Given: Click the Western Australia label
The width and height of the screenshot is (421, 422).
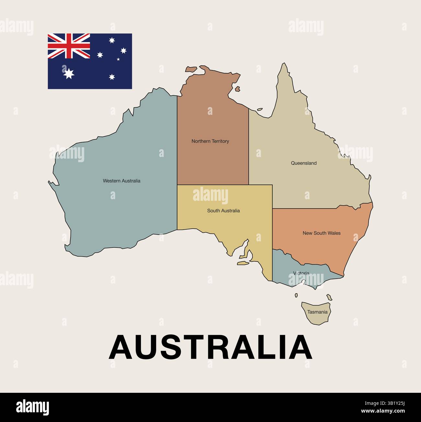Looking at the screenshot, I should pyautogui.click(x=121, y=181).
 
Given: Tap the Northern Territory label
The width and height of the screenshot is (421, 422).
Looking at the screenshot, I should pyautogui.click(x=210, y=141).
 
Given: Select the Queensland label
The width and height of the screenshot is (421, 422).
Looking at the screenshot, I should pyautogui.click(x=303, y=163).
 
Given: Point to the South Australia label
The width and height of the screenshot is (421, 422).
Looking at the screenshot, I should pyautogui.click(x=223, y=211).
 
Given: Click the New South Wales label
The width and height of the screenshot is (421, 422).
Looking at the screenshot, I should pyautogui.click(x=322, y=233).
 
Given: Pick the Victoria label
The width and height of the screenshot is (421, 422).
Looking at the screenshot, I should pyautogui.click(x=301, y=273).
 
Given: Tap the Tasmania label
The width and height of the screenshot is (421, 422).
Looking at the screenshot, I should pyautogui.click(x=317, y=312).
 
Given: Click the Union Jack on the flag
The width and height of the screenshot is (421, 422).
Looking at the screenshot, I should pyautogui.click(x=69, y=46).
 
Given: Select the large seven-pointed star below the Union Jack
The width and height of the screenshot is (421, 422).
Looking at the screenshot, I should pyautogui.click(x=69, y=74).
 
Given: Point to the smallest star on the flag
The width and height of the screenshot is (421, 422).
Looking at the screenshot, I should pyautogui.click(x=118, y=59).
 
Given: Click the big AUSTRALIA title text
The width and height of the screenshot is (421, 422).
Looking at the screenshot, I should pyautogui.click(x=210, y=347).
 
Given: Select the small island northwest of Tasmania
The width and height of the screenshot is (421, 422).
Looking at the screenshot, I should pyautogui.click(x=296, y=295).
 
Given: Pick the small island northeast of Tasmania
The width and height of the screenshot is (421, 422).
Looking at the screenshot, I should pyautogui.click(x=329, y=297).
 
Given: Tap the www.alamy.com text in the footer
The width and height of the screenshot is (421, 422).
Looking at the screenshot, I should pyautogui.click(x=383, y=411).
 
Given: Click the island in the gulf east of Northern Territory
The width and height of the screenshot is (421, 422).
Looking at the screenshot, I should pyautogui.click(x=237, y=89).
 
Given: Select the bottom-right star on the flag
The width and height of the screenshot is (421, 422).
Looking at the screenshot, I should pyautogui.click(x=112, y=77).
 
